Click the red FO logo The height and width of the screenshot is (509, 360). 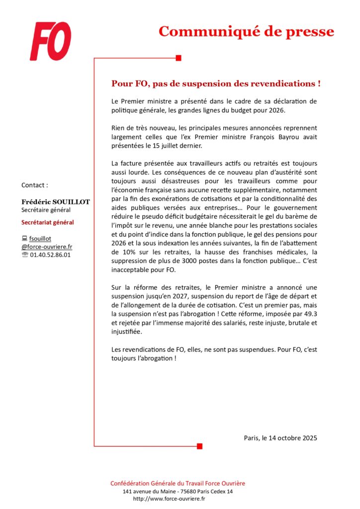50,41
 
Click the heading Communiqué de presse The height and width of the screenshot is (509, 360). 246,31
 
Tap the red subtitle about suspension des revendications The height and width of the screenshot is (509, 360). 216,83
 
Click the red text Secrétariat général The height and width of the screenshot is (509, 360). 48,222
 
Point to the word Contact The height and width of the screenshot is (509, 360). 35,185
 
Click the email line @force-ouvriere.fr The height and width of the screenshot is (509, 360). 47,247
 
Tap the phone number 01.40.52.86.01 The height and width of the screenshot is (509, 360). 50,254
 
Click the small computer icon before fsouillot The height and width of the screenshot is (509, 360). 24,239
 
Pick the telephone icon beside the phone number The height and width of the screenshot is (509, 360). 25,254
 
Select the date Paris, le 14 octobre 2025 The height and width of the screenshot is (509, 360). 280,438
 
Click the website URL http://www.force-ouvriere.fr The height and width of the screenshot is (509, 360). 169,499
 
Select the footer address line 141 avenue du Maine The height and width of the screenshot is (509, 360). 178,491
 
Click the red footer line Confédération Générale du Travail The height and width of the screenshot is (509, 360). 178,483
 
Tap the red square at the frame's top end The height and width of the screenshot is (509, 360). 179,58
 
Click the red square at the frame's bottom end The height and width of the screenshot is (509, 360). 199,446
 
